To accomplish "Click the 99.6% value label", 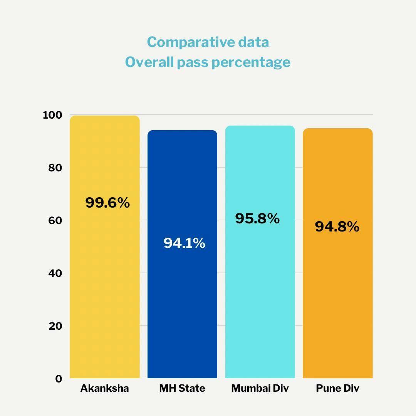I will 107,203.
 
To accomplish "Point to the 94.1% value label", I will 184,243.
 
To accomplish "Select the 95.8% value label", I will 257,218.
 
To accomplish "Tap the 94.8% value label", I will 337,226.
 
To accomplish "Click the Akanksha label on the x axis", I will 104,388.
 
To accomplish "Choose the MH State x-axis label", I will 182,388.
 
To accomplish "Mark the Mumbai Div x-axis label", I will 260,388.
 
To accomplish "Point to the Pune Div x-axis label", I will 337,388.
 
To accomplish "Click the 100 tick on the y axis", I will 52,115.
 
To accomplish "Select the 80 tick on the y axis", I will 55,168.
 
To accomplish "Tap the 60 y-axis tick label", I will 55,221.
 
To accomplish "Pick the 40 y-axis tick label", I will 55,273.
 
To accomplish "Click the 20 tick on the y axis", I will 55,326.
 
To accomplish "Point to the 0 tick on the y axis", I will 58,379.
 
